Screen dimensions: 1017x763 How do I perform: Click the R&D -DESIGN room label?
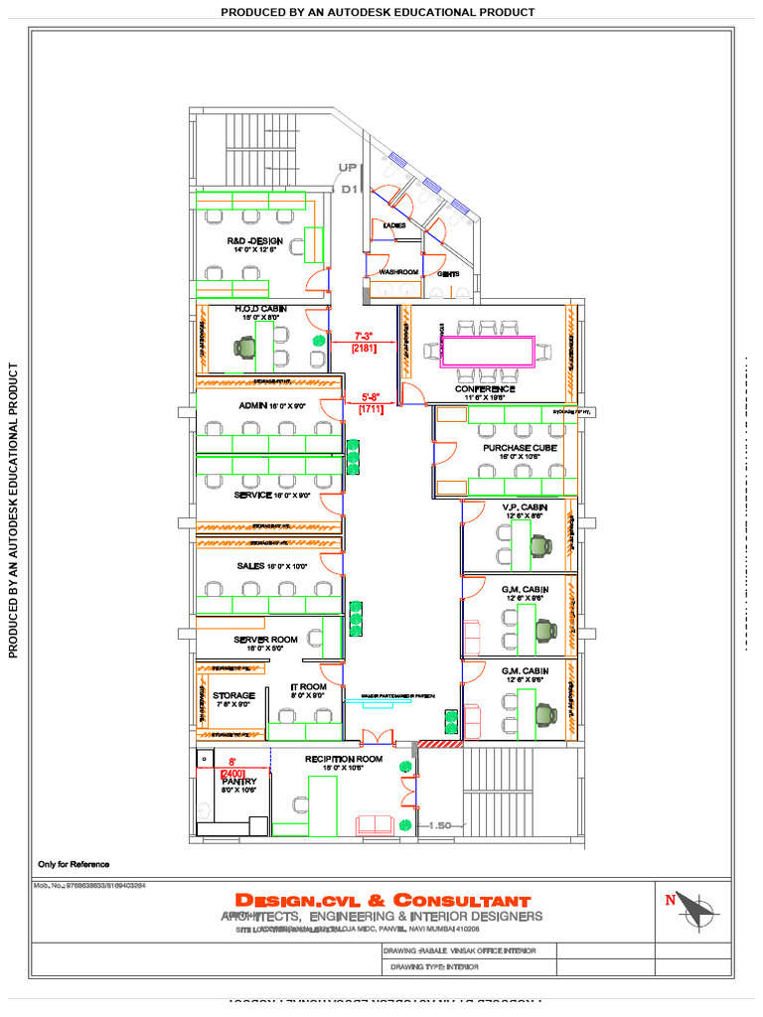point(255,241)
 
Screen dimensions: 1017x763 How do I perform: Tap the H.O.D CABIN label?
point(260,309)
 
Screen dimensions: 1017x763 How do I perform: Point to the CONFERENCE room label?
point(485,389)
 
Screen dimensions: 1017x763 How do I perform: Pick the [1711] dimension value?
point(371,408)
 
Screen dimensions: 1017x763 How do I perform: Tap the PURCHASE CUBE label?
point(520,448)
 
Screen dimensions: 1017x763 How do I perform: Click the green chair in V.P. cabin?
point(540,544)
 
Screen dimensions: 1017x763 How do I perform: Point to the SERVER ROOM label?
point(265,639)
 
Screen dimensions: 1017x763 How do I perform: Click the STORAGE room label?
point(233,695)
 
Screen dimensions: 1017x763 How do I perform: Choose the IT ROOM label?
point(308,686)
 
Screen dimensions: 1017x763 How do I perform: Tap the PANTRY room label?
point(238,782)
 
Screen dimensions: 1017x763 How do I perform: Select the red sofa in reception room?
point(375,823)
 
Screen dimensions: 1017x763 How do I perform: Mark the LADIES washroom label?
point(393,225)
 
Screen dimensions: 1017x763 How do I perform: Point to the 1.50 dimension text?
point(440,825)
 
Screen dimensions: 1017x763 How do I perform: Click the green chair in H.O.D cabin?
point(245,347)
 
